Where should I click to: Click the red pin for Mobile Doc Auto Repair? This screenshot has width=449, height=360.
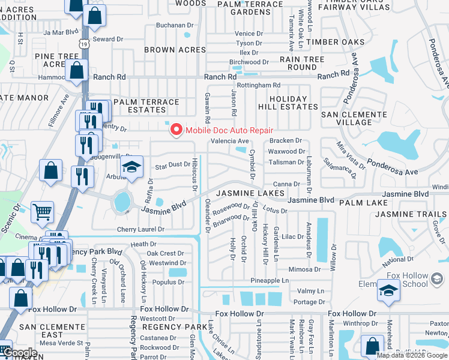(x=176, y=130)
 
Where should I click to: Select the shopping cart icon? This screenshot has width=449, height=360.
(x=43, y=212)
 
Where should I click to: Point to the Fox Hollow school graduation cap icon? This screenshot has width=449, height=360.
(x=388, y=292)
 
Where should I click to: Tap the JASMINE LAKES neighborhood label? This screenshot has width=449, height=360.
(x=250, y=193)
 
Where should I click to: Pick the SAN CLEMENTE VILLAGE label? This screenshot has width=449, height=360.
(x=346, y=118)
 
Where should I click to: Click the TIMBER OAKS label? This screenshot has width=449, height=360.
(x=335, y=42)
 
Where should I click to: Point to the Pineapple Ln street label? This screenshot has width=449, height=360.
(x=274, y=280)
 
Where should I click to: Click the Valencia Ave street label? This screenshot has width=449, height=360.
(x=229, y=141)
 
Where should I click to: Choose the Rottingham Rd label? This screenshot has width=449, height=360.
(x=259, y=85)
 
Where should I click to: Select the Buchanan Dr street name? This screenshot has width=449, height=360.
(x=175, y=26)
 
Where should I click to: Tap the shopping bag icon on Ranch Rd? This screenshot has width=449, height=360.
(x=77, y=71)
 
